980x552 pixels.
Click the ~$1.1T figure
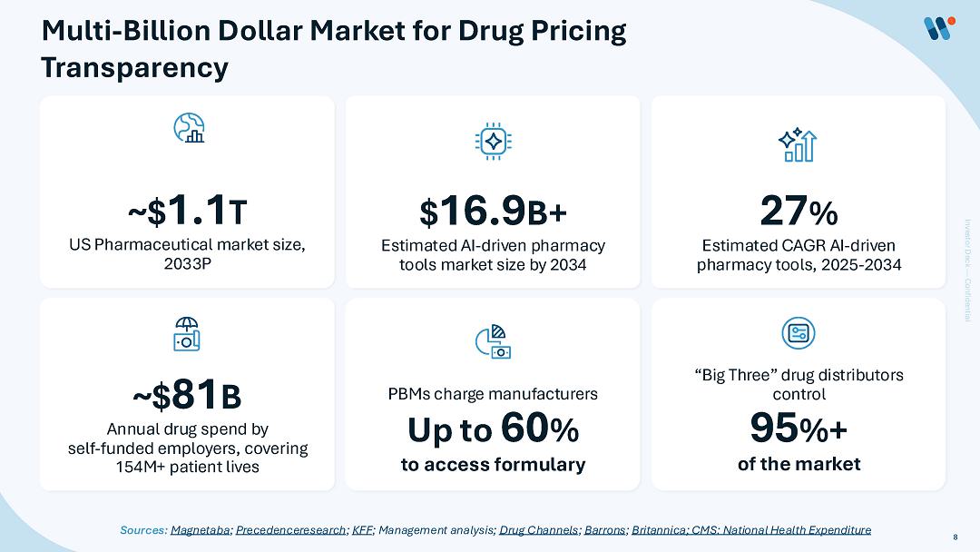click(187, 212)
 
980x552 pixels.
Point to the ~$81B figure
click(187, 396)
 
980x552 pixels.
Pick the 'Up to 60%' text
click(493, 429)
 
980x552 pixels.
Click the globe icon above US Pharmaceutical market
click(188, 128)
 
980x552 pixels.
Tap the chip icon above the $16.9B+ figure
click(493, 140)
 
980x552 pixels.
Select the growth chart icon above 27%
click(799, 143)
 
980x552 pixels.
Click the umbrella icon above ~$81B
click(187, 334)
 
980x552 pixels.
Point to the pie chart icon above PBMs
click(493, 341)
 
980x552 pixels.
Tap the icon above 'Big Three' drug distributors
click(799, 332)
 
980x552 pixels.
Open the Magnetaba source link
click(201, 529)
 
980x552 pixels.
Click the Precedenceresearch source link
click(290, 529)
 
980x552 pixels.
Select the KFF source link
click(362, 529)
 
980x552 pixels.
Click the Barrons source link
click(604, 529)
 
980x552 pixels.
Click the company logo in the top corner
click(936, 29)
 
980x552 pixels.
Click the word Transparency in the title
click(135, 67)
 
